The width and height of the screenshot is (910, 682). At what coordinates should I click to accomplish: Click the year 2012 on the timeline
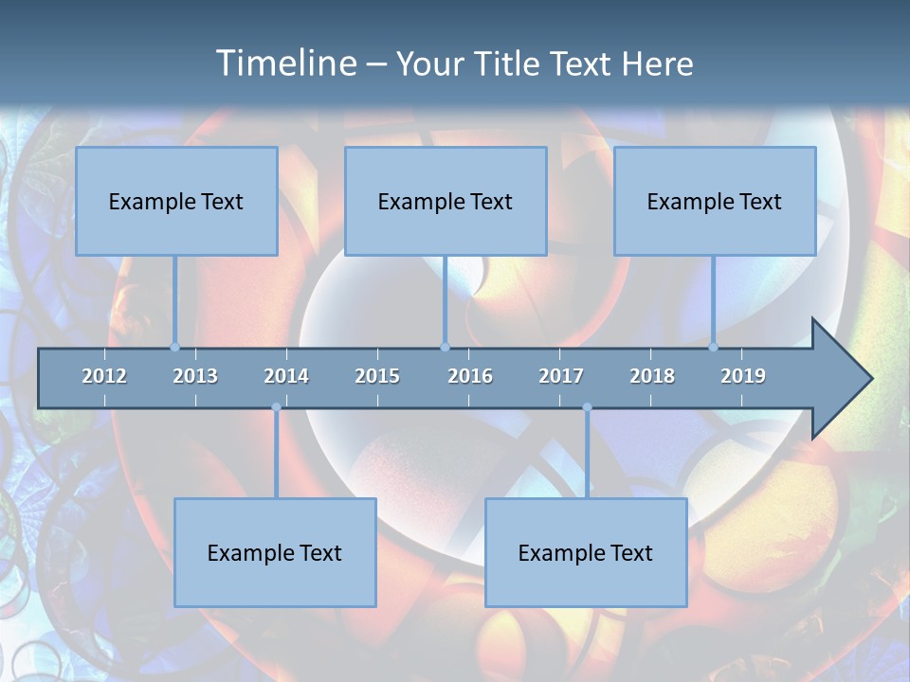[x=104, y=376]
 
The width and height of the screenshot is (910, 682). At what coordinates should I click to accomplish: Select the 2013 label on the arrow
[x=195, y=376]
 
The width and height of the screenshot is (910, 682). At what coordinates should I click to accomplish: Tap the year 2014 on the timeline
[x=286, y=376]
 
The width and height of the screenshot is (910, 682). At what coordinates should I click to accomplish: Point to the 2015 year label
[x=377, y=376]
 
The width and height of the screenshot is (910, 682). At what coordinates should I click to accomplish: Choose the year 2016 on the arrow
[x=470, y=376]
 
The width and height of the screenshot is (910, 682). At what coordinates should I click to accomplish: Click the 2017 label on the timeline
[x=561, y=376]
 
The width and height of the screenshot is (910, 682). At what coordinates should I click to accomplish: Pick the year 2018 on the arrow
[x=652, y=376]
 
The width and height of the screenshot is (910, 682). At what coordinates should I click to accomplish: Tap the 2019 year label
[x=743, y=376]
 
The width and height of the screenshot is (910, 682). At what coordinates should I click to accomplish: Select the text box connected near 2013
[x=176, y=201]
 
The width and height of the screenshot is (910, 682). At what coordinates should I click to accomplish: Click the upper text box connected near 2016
[x=446, y=201]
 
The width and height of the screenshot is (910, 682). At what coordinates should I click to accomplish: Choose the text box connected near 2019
[x=715, y=201]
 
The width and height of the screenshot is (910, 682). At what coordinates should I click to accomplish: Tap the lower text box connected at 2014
[x=275, y=552]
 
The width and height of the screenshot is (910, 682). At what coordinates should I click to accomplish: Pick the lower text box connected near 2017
[x=586, y=552]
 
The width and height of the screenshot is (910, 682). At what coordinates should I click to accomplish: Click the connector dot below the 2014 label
[x=276, y=407]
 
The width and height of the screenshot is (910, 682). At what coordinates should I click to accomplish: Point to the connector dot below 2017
[x=587, y=407]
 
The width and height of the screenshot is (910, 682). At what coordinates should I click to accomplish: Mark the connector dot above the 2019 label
[x=713, y=347]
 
